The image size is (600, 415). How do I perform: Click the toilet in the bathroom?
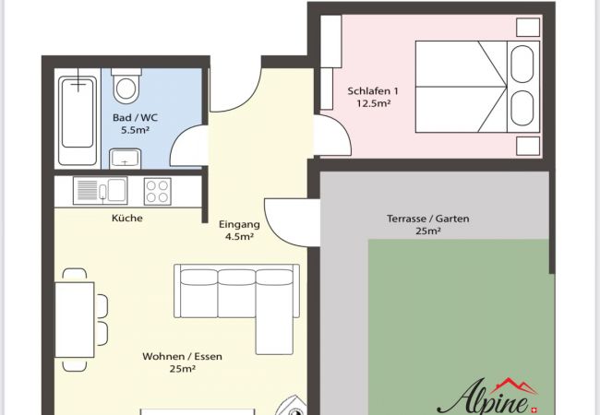[x=126, y=86]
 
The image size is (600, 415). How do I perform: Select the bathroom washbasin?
[x=126, y=159]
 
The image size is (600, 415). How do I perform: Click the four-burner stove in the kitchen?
[x=158, y=191]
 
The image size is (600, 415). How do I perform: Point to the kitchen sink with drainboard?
[x=101, y=190]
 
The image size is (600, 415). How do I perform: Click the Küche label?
[x=127, y=219]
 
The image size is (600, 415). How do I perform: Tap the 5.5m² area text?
[x=135, y=130]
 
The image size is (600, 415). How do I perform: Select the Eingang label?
[x=239, y=224]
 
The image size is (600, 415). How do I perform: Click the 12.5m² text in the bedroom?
[x=374, y=103]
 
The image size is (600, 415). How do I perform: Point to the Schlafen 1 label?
[x=373, y=91]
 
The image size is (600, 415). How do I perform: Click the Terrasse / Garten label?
[x=427, y=219]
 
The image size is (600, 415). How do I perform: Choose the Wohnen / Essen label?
[x=182, y=357]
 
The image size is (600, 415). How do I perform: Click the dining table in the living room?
[x=75, y=320]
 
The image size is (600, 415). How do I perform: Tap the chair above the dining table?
[x=75, y=272]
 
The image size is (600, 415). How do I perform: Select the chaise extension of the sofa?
[x=274, y=336]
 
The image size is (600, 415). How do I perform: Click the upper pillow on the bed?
[x=522, y=64]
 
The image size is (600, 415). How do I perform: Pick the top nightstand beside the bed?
[x=528, y=27]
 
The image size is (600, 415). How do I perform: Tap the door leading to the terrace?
[x=292, y=222]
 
